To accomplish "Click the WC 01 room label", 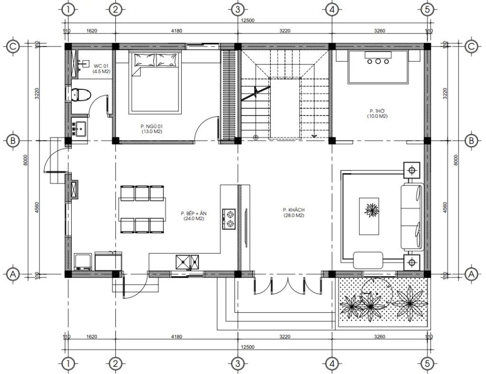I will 102,68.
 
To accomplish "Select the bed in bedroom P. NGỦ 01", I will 156,83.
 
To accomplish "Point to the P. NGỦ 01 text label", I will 151,128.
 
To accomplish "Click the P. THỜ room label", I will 376,114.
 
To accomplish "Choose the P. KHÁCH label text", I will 293,212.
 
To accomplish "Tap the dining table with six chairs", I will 142,210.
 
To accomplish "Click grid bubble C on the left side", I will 12,46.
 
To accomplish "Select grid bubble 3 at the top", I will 237,9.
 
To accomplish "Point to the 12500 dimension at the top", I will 247,21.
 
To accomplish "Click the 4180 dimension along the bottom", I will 176,337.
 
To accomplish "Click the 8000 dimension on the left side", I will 27,160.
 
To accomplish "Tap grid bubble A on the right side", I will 471,274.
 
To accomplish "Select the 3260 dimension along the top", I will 379,30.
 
